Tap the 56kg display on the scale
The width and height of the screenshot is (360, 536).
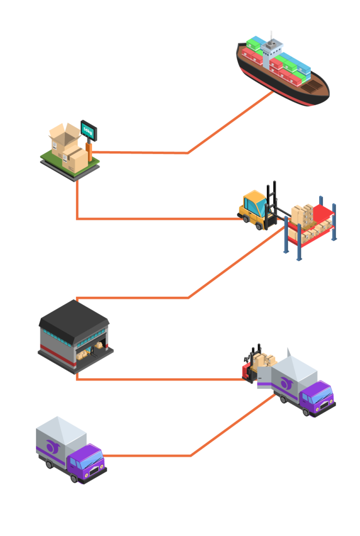pos(87,129)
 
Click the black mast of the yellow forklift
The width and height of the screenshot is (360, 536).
pos(272,204)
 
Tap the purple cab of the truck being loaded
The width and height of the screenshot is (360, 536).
pos(317,397)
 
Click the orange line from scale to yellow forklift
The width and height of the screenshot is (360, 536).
pos(157,219)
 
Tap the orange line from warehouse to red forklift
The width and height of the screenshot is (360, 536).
pos(157,379)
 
